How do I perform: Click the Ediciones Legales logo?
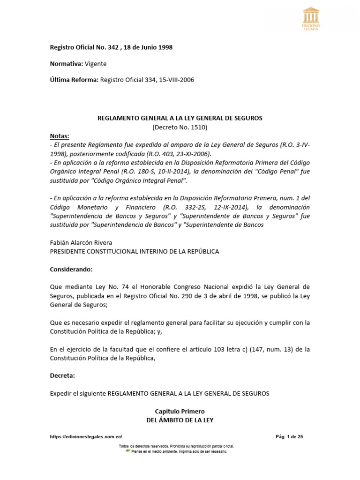pos(311,18)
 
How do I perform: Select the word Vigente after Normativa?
pos(96,64)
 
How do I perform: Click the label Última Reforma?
pos(74,80)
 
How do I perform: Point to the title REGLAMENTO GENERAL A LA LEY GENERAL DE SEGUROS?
pos(180,118)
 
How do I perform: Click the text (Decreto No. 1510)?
pos(180,127)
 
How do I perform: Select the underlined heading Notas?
pos(60,136)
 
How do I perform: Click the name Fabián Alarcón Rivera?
pos(81,242)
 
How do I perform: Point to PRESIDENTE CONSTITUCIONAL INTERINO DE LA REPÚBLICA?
pos(134,251)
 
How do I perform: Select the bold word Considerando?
pos(71,269)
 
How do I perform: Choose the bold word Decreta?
pos(62,375)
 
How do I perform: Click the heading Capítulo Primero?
pos(180,411)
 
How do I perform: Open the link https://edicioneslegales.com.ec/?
pos(86,437)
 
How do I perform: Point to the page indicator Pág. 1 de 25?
pos(290,437)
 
